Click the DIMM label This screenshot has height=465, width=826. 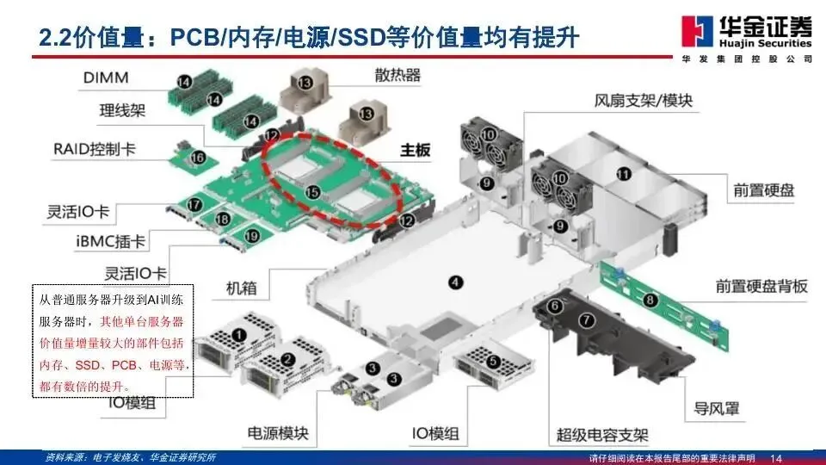click(106, 78)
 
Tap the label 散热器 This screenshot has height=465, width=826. click(398, 75)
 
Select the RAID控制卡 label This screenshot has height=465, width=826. click(94, 149)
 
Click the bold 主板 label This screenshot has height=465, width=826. click(416, 149)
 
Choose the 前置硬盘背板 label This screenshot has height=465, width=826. click(761, 286)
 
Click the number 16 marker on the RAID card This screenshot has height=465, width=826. click(198, 158)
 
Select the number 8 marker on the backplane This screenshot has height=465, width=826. click(650, 301)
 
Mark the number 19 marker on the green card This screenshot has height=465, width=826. click(252, 234)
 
